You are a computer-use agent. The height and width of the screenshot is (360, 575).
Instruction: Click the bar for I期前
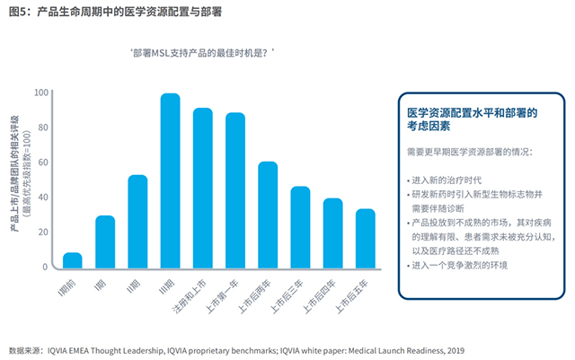tap(73, 260)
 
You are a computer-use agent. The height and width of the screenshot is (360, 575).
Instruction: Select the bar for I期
tap(105, 241)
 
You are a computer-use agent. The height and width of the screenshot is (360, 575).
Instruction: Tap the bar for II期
tap(137, 222)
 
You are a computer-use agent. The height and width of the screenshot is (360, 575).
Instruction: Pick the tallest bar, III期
tap(170, 180)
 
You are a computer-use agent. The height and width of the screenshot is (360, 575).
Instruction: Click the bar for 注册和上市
tap(202, 188)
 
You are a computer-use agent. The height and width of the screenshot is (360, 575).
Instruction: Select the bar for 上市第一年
tap(235, 190)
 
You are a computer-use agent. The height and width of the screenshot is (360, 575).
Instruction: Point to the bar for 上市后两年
tap(268, 215)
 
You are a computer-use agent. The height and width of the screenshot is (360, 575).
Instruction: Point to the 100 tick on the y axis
tap(41, 92)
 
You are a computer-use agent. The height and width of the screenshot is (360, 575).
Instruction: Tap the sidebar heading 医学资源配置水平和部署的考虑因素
tap(471, 120)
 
